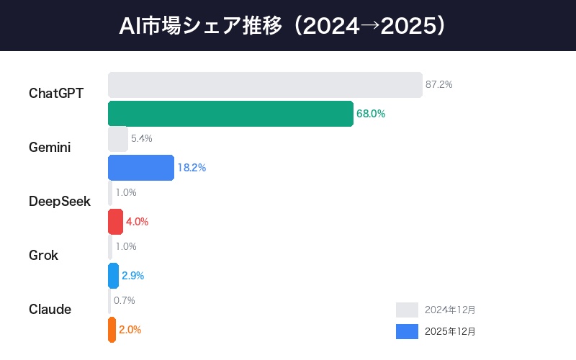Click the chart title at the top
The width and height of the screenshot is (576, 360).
click(288, 26)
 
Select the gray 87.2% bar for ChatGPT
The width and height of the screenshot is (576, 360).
click(265, 85)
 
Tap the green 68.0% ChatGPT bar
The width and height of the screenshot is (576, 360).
click(230, 114)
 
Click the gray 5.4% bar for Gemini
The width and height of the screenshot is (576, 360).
click(118, 139)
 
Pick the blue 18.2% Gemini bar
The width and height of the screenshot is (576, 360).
click(141, 168)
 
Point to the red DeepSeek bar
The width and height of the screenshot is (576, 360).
click(115, 222)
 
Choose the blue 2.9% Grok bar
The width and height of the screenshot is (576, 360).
click(113, 276)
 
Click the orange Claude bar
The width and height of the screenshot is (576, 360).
click(112, 330)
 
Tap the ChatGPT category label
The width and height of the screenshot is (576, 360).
click(56, 94)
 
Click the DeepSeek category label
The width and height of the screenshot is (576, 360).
click(60, 202)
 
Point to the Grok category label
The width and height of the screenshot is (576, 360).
click(43, 256)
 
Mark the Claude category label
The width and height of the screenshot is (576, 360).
click(50, 310)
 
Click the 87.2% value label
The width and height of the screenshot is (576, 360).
click(438, 85)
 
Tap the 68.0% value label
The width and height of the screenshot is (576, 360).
click(371, 114)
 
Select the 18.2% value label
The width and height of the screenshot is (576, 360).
click(192, 168)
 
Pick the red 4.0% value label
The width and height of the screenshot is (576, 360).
click(137, 222)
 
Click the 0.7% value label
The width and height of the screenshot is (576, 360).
click(125, 300)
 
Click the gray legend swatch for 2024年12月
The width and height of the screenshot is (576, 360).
click(407, 310)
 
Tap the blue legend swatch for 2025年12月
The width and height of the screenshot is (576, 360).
click(407, 331)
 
